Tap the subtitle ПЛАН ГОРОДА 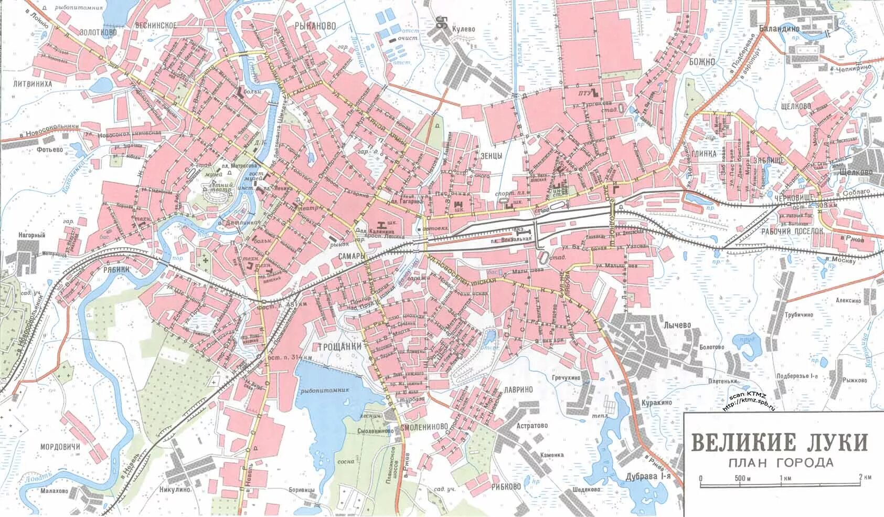[x=781, y=462]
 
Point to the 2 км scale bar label [x=865, y=477]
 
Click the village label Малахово [x=54, y=491]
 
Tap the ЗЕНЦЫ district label [x=491, y=155]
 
